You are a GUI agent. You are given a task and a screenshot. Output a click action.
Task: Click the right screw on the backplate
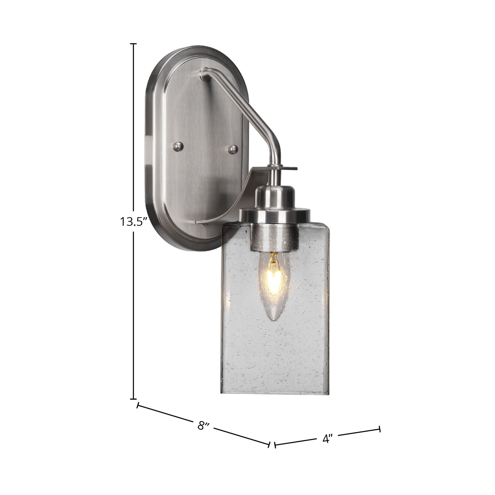tap(233, 149)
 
